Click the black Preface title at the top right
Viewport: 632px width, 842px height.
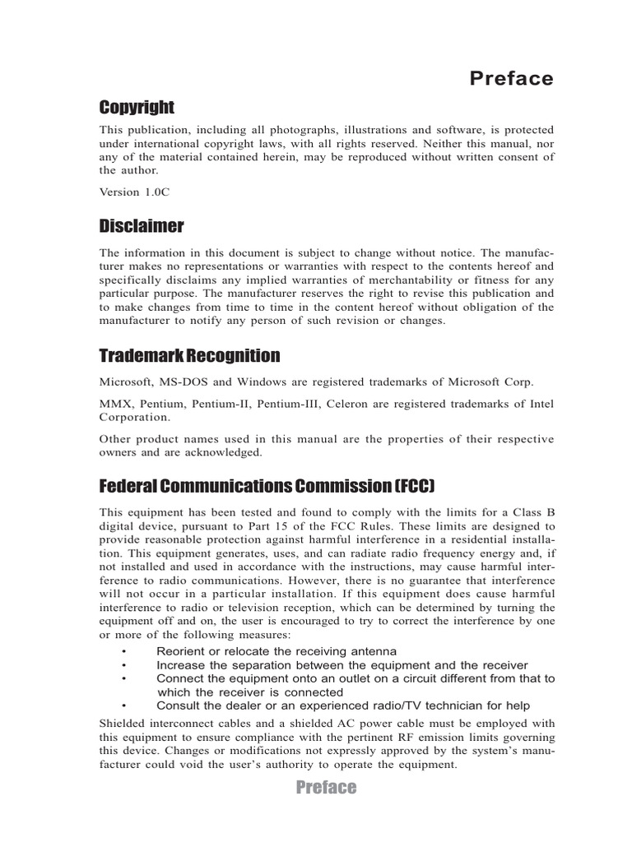point(511,79)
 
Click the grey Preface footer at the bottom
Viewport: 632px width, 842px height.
point(326,788)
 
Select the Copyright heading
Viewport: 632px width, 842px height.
point(137,108)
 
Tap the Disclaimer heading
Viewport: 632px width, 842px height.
point(142,225)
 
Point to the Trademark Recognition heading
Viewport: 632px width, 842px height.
point(189,356)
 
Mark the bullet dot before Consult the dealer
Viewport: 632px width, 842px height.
point(123,706)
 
